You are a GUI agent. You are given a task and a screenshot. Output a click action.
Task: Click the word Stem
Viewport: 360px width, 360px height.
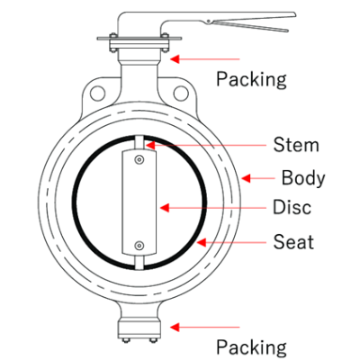tap(296, 145)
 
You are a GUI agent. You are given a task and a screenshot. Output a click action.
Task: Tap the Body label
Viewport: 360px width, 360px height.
tap(303, 178)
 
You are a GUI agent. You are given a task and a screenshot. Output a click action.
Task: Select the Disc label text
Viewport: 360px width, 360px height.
tap(292, 207)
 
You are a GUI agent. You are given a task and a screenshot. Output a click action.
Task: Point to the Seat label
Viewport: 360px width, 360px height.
tap(293, 242)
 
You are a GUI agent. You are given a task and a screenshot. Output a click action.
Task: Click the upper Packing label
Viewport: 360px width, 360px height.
tap(251, 79)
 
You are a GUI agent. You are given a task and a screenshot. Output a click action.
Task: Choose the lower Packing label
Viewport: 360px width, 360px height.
tap(251, 347)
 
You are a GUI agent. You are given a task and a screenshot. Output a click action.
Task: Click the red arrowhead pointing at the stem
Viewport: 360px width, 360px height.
tap(150, 145)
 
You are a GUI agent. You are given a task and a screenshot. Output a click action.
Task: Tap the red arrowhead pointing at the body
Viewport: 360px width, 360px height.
tap(246, 178)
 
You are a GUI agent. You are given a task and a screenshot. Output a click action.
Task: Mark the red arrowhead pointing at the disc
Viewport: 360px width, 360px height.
tap(165, 208)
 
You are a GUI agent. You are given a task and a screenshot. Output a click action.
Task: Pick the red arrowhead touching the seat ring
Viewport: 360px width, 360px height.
tap(202, 242)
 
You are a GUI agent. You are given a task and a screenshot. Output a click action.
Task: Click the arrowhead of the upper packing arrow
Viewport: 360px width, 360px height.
tap(175, 58)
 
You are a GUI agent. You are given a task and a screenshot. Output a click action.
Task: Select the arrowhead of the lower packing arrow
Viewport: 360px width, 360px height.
tap(175, 327)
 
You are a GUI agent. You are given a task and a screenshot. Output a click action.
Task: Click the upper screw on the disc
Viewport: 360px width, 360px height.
tap(139, 160)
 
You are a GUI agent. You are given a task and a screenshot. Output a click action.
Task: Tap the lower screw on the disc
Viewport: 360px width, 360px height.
tap(139, 246)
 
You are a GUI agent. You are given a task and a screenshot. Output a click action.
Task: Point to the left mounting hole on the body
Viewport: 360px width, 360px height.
tap(97, 93)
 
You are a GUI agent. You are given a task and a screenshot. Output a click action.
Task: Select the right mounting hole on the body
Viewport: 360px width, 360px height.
tap(181, 93)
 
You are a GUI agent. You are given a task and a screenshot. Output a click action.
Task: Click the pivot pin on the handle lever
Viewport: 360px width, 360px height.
tap(208, 22)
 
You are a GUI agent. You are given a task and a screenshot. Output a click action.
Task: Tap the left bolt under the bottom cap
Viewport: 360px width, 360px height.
tap(124, 340)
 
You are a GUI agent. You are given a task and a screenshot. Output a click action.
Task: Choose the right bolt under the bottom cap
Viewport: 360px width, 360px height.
tap(153, 340)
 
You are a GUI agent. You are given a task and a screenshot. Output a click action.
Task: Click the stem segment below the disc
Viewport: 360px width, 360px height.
tap(139, 263)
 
